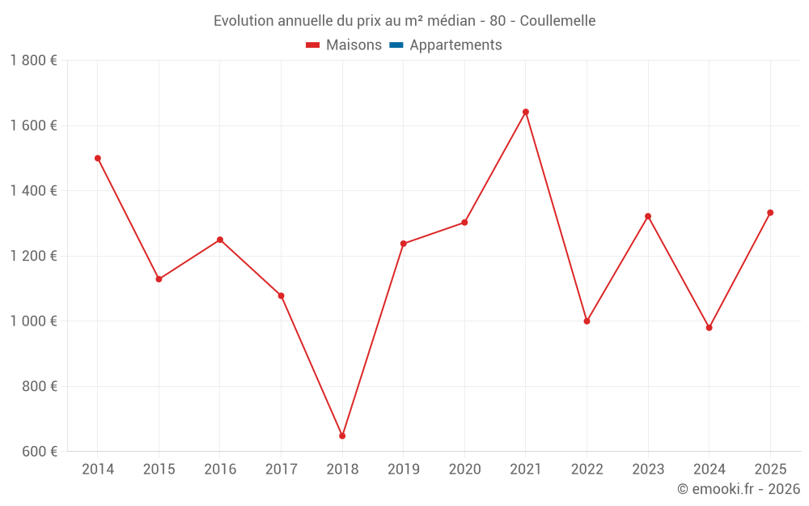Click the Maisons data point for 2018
tap(342, 436)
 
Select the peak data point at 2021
tap(526, 112)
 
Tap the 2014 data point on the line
tap(98, 158)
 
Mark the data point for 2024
tap(709, 328)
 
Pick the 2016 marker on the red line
tap(220, 240)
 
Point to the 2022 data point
tap(587, 321)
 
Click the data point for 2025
tap(770, 213)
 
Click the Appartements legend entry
tap(455, 45)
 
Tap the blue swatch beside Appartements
tap(396, 45)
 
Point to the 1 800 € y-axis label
tap(33, 61)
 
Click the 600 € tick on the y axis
tap(38, 452)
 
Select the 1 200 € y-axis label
tap(33, 256)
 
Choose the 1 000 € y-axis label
tap(33, 321)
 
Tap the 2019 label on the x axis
tap(404, 470)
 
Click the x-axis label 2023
tap(648, 470)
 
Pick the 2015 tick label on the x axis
tap(159, 470)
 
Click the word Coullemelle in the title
tap(557, 21)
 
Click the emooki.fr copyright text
tap(739, 489)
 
